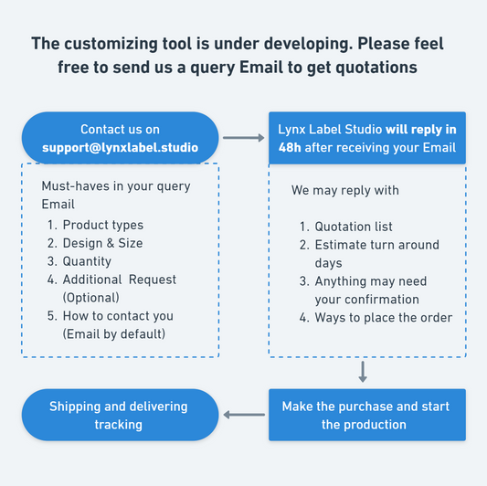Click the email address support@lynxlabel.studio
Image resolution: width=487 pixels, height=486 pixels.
click(x=121, y=147)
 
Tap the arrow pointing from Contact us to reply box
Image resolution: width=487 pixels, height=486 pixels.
click(x=243, y=138)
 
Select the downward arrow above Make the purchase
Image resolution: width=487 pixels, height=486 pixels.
click(x=363, y=372)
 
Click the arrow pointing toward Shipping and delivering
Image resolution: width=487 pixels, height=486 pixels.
click(x=244, y=415)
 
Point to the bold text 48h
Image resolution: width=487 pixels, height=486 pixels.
click(x=290, y=147)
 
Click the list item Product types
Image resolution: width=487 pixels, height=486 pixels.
click(x=103, y=225)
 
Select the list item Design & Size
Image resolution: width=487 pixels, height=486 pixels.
click(x=103, y=243)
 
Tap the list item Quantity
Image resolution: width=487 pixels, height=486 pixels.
click(x=87, y=261)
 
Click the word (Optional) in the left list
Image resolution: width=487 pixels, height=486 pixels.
click(x=91, y=298)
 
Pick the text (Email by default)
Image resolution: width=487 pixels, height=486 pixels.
click(x=114, y=333)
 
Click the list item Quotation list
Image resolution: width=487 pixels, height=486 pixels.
click(x=354, y=227)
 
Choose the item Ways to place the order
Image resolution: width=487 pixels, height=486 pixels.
click(x=383, y=318)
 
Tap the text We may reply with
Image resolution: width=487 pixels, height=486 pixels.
click(x=345, y=190)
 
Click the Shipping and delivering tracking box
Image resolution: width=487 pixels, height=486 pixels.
click(x=121, y=415)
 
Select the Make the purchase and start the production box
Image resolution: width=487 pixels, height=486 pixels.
click(x=367, y=415)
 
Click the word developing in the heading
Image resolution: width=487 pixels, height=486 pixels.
click(x=308, y=44)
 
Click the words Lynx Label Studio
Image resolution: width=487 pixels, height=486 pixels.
click(x=330, y=130)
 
